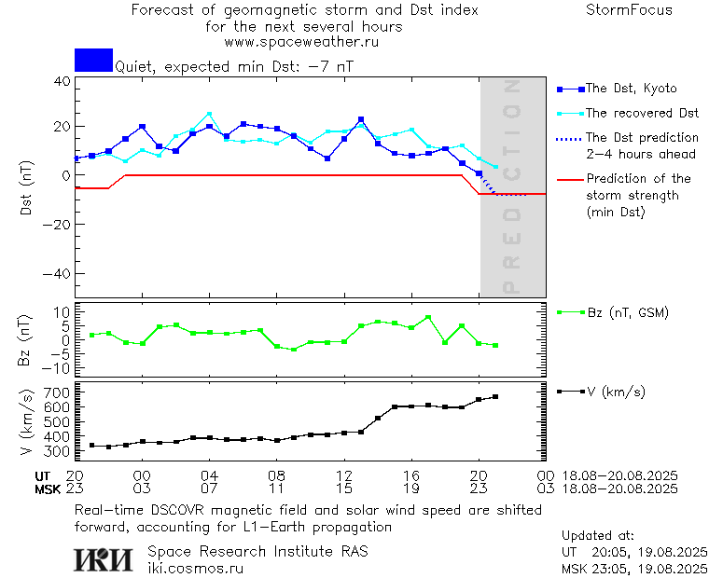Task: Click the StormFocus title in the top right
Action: pyautogui.click(x=629, y=10)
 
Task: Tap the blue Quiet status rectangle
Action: pyautogui.click(x=93, y=60)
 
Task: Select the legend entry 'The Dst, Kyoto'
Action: pyautogui.click(x=630, y=89)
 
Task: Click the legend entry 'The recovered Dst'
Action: pyautogui.click(x=641, y=113)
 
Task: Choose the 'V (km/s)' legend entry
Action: pyautogui.click(x=616, y=392)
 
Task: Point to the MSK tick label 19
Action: pyautogui.click(x=411, y=488)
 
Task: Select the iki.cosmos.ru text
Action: pyautogui.click(x=195, y=567)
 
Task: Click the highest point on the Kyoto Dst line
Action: pyautogui.click(x=361, y=119)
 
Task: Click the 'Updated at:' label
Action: pyautogui.click(x=597, y=536)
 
